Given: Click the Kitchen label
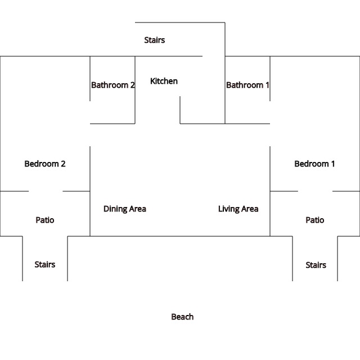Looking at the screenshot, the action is [x=164, y=81].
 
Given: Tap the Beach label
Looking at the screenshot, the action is [x=182, y=317].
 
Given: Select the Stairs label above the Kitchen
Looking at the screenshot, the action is [x=155, y=40].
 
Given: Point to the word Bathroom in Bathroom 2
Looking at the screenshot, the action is [x=110, y=85].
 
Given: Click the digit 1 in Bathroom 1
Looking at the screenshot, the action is [x=267, y=85].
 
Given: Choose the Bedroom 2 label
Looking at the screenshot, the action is [x=45, y=164].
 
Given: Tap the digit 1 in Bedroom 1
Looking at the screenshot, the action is [x=332, y=164].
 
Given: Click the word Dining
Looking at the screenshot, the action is [x=115, y=209].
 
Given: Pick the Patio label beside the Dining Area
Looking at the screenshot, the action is [x=45, y=220].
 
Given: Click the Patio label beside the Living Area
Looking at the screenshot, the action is [x=315, y=220].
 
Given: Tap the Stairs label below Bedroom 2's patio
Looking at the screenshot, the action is [x=45, y=264].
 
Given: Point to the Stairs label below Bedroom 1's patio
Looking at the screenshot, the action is [x=316, y=265].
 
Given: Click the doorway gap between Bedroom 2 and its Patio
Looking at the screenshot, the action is [x=46, y=191].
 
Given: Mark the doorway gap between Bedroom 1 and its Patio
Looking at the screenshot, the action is [x=315, y=191].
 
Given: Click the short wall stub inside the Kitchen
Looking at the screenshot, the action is [x=180, y=110].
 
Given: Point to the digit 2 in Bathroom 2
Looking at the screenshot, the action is [x=133, y=85].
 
